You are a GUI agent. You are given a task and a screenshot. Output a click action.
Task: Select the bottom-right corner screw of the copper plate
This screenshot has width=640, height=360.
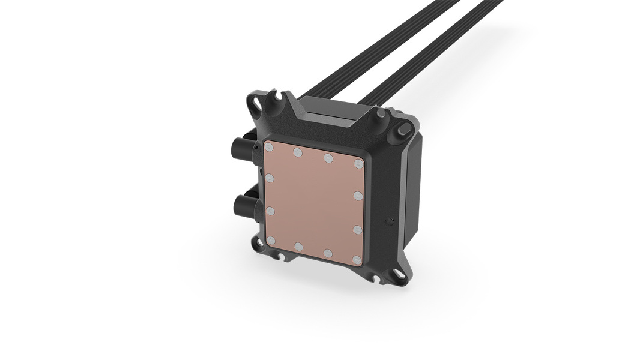click(357, 260)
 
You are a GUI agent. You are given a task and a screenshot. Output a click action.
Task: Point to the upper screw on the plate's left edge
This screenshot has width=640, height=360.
click(269, 178)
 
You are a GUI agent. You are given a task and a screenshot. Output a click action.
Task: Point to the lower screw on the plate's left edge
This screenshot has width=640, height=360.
click(270, 211)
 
